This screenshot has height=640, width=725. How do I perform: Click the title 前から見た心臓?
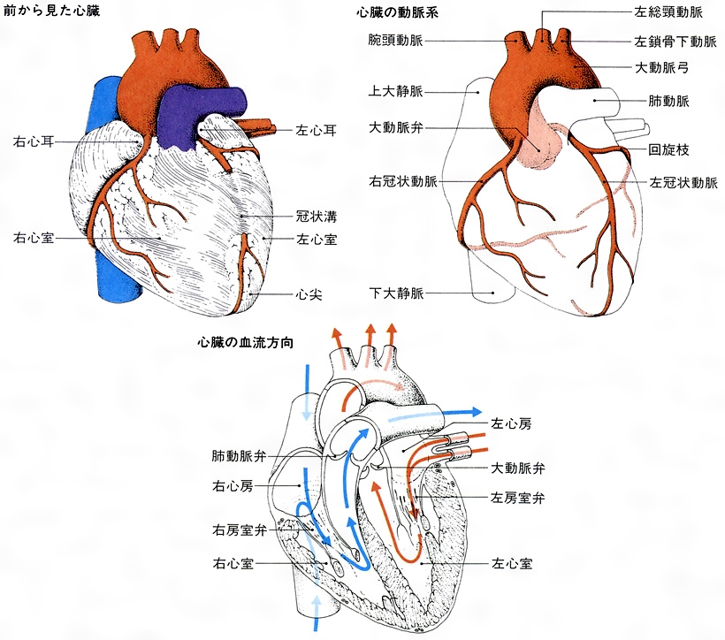click(51, 11)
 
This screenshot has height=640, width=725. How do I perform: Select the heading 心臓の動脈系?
click(397, 12)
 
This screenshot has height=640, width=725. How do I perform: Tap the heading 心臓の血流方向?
click(246, 343)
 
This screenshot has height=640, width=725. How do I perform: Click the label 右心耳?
click(34, 141)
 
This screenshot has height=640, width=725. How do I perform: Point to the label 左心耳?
click(317, 131)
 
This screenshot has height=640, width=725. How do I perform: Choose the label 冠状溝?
click(317, 217)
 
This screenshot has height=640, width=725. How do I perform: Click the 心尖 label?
click(309, 294)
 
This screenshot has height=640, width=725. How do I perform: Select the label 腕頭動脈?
click(396, 41)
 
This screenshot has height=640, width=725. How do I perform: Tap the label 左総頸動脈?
click(668, 12)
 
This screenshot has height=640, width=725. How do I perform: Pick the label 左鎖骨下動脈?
click(675, 42)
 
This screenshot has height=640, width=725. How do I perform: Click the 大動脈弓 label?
click(662, 68)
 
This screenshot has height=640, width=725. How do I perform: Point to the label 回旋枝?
click(668, 149)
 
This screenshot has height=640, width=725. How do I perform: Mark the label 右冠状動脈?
click(402, 181)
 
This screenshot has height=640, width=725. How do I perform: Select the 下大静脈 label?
click(396, 293)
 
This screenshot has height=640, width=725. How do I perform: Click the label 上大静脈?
click(396, 91)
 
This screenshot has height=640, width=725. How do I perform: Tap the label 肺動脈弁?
click(239, 456)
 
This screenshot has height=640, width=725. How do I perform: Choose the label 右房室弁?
click(240, 530)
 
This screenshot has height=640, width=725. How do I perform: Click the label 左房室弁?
click(518, 498)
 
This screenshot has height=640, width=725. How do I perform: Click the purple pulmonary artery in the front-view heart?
click(185, 116)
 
